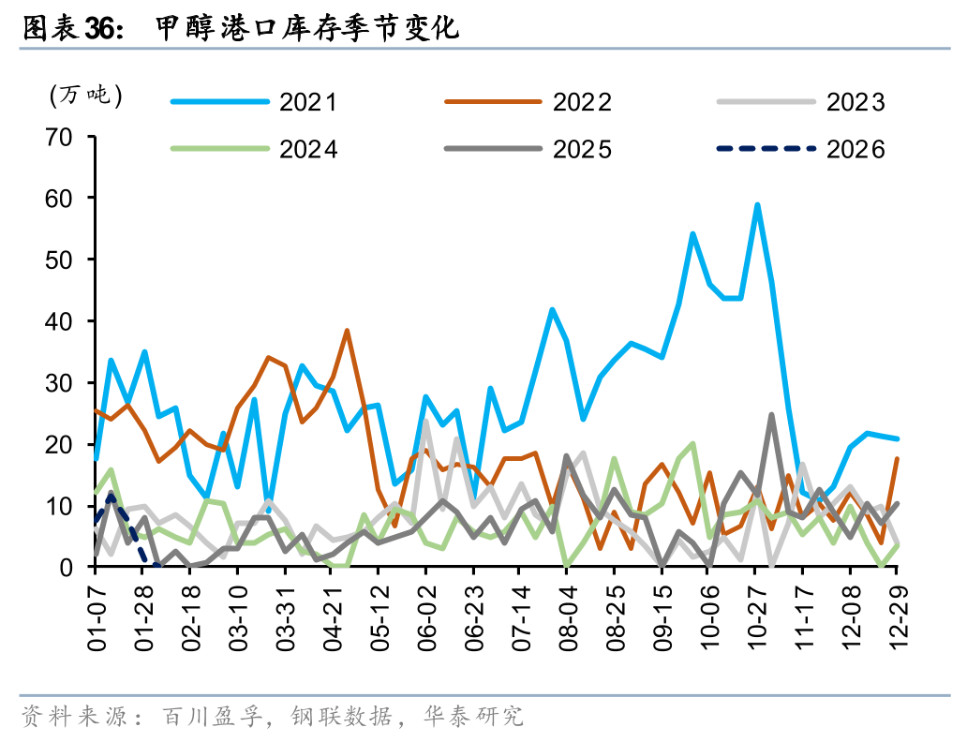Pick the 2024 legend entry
click(x=253, y=148)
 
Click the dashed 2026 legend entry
click(x=801, y=148)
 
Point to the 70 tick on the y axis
click(x=59, y=137)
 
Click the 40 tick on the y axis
click(x=59, y=321)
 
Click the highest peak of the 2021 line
click(x=757, y=204)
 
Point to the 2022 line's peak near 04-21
click(x=347, y=331)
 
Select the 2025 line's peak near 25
click(x=771, y=414)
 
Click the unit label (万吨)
click(x=84, y=95)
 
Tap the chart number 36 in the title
click(x=100, y=29)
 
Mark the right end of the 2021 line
click(x=898, y=438)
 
